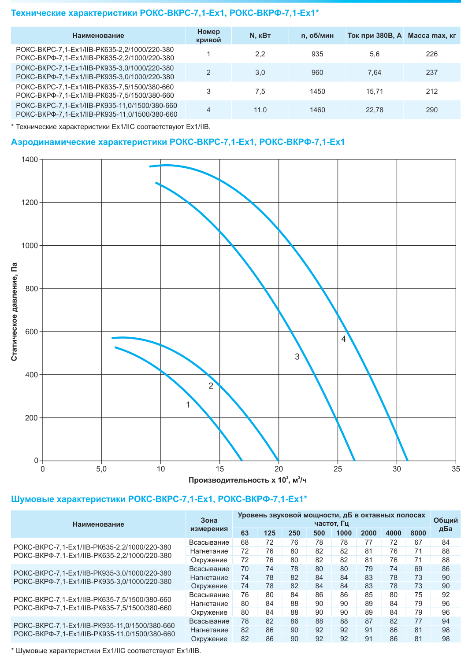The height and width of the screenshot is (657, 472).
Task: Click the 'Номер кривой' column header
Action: coord(208,36)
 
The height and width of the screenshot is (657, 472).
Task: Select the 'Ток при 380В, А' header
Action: coord(375,36)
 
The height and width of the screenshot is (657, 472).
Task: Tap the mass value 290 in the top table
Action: coord(432,110)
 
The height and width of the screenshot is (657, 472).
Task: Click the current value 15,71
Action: coord(375,92)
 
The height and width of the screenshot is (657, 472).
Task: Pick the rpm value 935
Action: coord(317,54)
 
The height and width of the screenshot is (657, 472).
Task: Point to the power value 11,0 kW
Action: coord(260,110)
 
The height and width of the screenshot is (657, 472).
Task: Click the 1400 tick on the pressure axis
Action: coord(30,159)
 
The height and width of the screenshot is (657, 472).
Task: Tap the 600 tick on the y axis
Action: coord(32,332)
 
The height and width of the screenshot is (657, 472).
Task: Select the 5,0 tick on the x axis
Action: coord(101,469)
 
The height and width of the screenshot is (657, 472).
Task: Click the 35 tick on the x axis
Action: coord(456,469)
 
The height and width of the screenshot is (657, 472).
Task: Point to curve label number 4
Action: coord(343,339)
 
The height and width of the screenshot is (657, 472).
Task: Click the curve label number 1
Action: coord(188,405)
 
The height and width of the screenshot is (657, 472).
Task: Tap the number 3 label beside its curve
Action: coord(297,357)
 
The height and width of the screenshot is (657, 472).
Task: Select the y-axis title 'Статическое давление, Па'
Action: coord(14,311)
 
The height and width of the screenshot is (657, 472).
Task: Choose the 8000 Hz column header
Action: coord(418,533)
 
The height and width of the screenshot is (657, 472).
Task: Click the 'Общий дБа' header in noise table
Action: coord(446,524)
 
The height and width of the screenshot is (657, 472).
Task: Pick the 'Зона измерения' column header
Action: coord(209,524)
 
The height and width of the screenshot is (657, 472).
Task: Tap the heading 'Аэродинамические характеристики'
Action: coord(89,142)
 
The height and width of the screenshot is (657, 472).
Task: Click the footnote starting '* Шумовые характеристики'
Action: coord(106,650)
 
